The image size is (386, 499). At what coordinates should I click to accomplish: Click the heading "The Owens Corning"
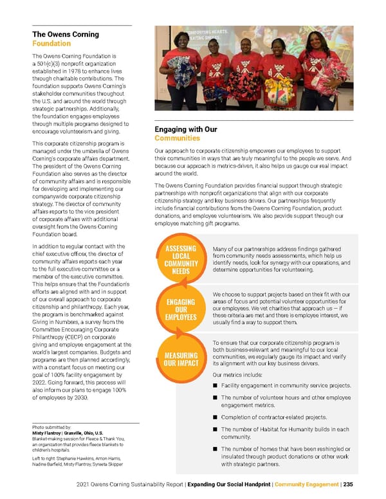coord(66,34)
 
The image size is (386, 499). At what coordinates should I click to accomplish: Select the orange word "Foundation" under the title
coord(51,44)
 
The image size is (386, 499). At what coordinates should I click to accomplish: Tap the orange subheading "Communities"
coord(177,138)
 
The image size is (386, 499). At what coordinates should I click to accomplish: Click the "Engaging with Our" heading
coord(186,129)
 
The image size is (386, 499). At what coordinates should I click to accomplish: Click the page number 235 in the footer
coord(347,484)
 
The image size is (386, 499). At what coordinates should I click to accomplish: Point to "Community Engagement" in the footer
coord(306,484)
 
